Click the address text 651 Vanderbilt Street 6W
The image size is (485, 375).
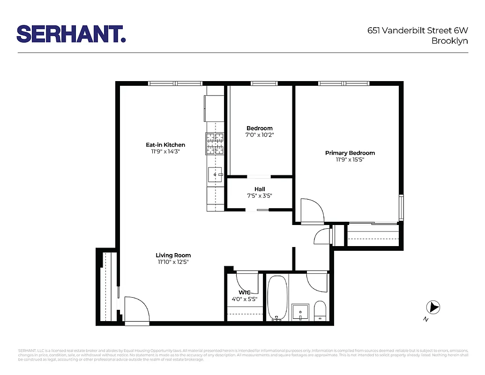pos(418,30)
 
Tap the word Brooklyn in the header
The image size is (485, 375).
pos(450,41)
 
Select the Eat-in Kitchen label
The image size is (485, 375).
pos(165,145)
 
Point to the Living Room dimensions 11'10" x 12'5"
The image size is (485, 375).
pos(173,262)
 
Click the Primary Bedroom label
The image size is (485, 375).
pos(350,153)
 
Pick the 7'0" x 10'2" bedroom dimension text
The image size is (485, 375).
pos(260,135)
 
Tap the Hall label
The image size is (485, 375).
pos(260,189)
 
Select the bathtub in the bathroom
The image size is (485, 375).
pos(277,297)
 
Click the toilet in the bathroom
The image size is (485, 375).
pos(320,310)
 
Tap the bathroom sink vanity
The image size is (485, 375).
pos(300,311)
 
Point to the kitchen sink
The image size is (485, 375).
pos(216,174)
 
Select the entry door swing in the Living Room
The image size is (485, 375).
pos(136,309)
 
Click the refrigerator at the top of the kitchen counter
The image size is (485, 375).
pos(214,108)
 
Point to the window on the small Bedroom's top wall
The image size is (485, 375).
pos(265,83)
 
